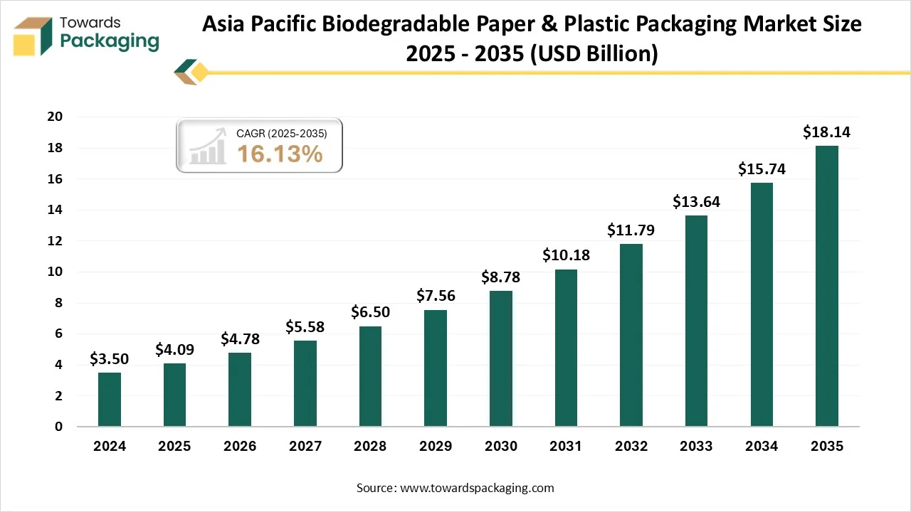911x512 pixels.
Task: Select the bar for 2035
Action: click(x=826, y=286)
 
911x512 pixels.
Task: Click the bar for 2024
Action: click(x=109, y=399)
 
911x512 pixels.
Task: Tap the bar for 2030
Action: click(x=500, y=358)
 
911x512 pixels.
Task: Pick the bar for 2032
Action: click(x=631, y=335)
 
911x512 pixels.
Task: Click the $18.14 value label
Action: click(x=826, y=132)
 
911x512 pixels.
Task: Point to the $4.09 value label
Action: click(x=174, y=350)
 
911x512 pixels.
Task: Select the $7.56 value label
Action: click(x=436, y=296)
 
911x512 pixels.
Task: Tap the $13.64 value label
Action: click(x=696, y=202)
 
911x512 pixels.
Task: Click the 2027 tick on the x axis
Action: click(x=305, y=447)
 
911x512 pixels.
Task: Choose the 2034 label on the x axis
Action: click(x=762, y=447)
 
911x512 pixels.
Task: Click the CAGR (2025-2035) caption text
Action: click(x=281, y=132)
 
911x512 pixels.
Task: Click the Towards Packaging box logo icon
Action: click(x=33, y=36)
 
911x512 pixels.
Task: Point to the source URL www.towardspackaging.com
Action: click(x=477, y=488)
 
